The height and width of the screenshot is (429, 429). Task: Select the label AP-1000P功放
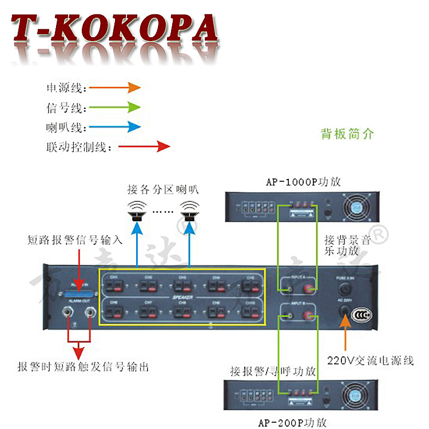pyautogui.click(x=303, y=182)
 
